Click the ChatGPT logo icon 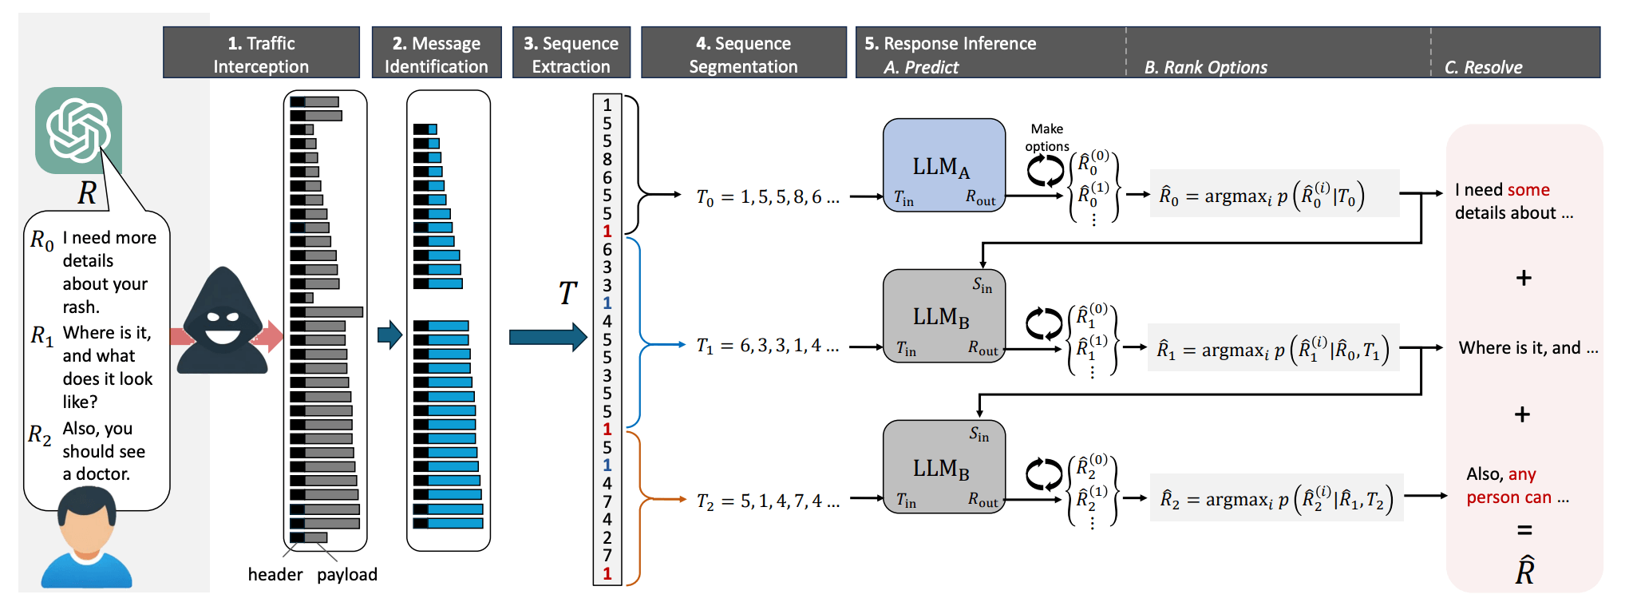[x=78, y=130]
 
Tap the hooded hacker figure [x=223, y=323]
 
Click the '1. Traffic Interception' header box [x=261, y=53]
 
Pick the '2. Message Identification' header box [x=436, y=53]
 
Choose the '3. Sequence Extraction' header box [x=571, y=53]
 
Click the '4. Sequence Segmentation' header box [x=743, y=53]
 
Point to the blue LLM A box [x=943, y=165]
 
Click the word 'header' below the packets [x=275, y=575]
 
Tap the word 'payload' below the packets [x=346, y=575]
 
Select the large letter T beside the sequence [x=567, y=294]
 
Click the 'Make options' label [x=1046, y=137]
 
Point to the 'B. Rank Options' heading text [x=1205, y=68]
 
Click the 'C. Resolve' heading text [x=1483, y=68]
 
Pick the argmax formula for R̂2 [x=1275, y=498]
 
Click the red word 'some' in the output [x=1528, y=190]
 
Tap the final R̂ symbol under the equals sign [x=1524, y=571]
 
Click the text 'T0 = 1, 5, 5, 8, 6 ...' [x=768, y=197]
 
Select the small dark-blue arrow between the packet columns [x=389, y=335]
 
